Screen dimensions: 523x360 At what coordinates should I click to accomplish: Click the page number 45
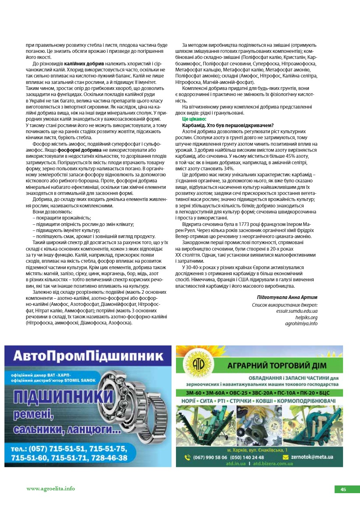[x=343, y=490]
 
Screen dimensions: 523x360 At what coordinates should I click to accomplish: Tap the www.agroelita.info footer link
[x=51, y=488]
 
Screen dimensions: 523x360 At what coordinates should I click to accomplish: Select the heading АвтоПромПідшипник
[x=88, y=356]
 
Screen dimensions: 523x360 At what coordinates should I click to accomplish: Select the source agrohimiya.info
[x=301, y=323]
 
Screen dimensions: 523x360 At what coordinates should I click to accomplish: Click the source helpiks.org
[x=306, y=317]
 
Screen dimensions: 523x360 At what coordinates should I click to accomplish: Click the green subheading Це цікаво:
[x=195, y=119]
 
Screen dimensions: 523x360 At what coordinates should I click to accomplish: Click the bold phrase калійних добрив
[x=84, y=64]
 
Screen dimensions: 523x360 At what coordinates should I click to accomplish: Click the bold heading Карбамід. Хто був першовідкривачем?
[x=228, y=126]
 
